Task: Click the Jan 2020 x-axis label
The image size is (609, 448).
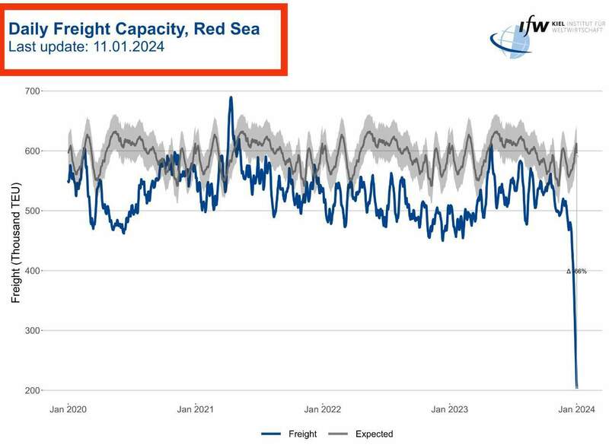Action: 68,410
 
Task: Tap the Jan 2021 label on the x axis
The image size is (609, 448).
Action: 196,410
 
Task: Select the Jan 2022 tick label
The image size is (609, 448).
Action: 323,410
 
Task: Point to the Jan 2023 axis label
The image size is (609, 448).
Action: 450,410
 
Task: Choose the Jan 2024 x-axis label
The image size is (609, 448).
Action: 577,410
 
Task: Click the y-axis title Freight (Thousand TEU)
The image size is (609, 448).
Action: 14,243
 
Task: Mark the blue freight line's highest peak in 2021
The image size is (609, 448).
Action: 231,97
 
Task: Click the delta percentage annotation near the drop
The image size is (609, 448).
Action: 577,271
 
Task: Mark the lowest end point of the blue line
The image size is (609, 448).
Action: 577,387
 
